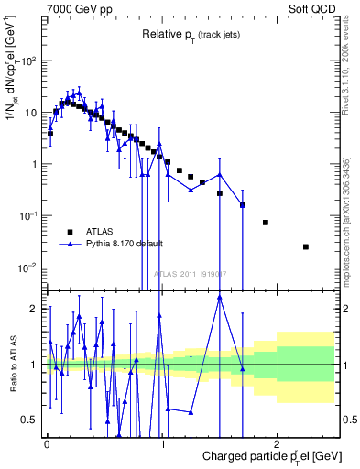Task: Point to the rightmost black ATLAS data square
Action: [306, 246]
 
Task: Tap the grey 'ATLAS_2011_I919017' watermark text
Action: [191, 274]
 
